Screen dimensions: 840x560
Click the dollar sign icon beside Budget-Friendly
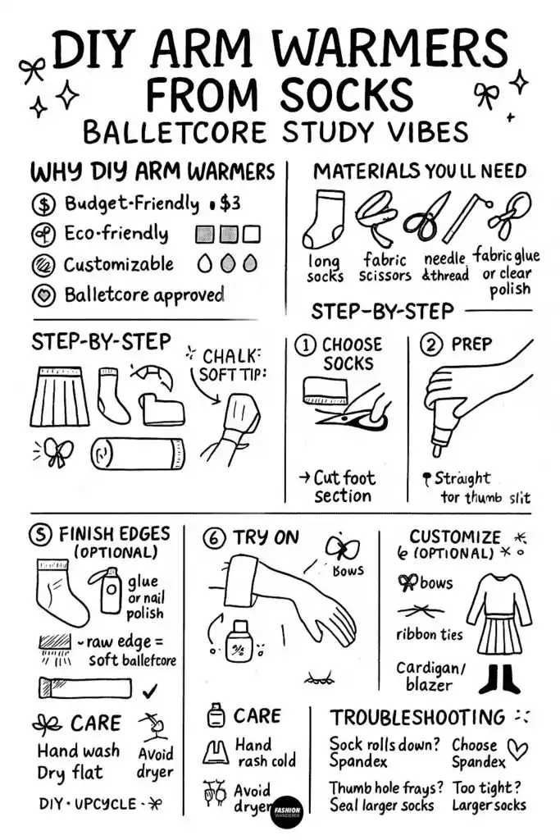coord(43,204)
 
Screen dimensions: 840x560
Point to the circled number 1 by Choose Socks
coord(305,345)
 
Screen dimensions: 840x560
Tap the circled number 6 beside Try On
coord(214,538)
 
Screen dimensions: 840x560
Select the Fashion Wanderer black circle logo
coord(287,809)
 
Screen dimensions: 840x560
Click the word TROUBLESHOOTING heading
coord(417,717)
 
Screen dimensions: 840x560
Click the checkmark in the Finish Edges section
coord(149,691)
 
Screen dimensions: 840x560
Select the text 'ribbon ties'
coord(429,634)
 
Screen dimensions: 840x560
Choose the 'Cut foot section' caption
coord(342,486)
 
